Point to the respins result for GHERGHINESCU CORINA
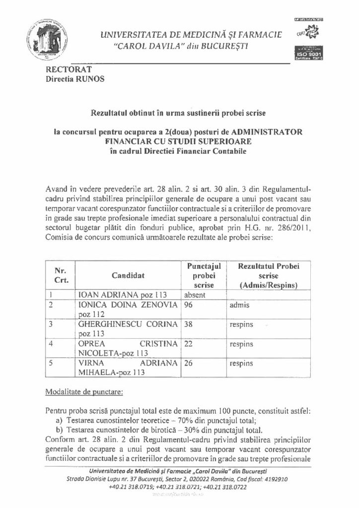(241, 324)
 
